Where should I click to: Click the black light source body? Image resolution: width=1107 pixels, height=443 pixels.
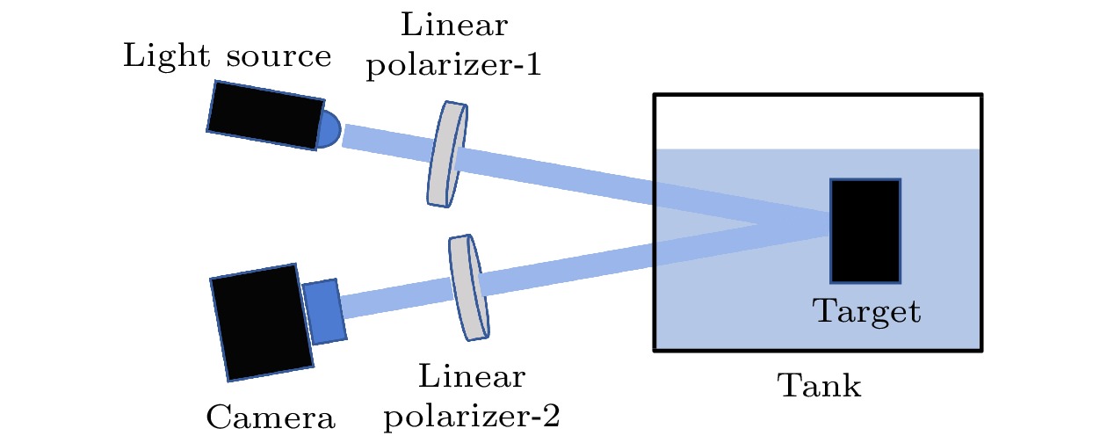pos(263,113)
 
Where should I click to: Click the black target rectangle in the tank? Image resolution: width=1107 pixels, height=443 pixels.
pos(865,230)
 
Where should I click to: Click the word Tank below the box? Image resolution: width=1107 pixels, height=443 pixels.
pos(819,385)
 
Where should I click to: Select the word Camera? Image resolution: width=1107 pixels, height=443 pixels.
pos(271,417)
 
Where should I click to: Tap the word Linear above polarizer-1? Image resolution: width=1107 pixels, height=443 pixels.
pos(453,25)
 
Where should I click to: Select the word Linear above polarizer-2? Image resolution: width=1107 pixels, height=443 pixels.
pos(473,377)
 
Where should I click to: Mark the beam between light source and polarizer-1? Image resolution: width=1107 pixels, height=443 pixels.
pos(387,143)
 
